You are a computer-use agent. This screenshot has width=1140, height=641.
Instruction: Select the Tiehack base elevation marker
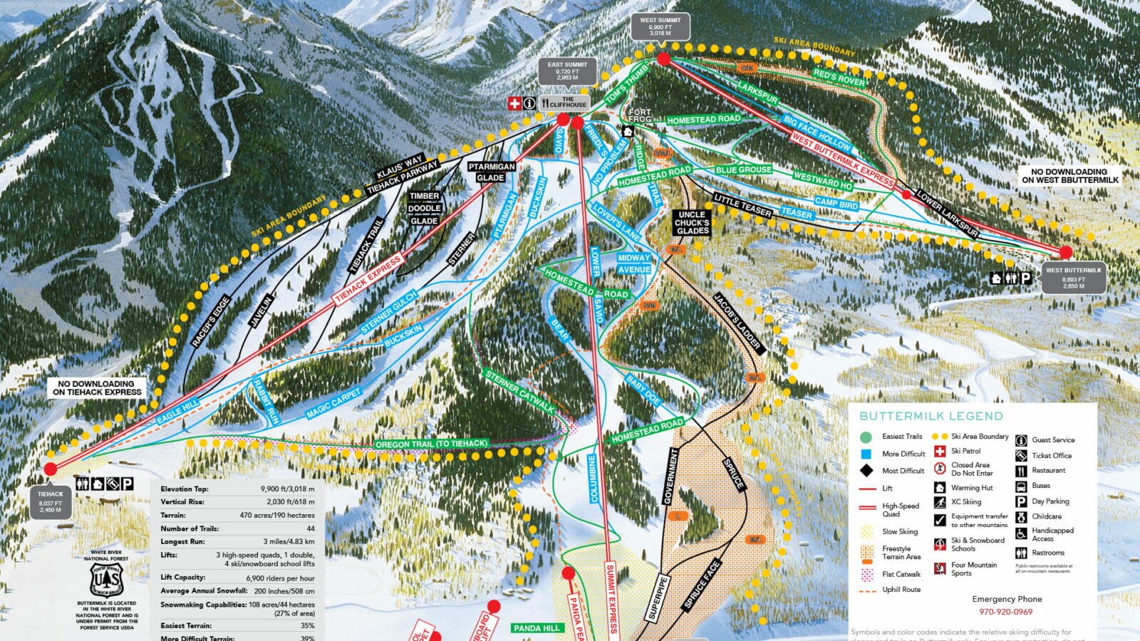[51, 501]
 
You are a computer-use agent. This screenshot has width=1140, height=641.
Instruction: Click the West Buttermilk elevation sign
[1073, 278]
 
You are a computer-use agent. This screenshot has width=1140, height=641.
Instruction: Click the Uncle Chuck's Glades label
[692, 222]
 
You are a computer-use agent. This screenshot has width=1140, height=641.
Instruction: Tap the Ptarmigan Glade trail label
[491, 172]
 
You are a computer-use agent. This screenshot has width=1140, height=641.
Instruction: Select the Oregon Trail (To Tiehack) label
[431, 444]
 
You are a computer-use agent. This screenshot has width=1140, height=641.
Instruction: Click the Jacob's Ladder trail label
[738, 323]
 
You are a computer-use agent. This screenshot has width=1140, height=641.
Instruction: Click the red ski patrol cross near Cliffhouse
[514, 103]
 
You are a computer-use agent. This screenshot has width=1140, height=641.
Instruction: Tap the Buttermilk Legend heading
[931, 416]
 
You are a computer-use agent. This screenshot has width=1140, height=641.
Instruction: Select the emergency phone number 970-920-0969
[1005, 612]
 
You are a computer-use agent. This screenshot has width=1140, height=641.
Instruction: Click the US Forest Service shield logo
[107, 580]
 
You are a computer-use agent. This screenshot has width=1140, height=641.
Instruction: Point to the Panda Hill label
[537, 628]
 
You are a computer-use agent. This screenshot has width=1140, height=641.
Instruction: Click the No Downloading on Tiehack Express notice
[97, 387]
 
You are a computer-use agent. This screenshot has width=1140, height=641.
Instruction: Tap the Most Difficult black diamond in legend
[866, 470]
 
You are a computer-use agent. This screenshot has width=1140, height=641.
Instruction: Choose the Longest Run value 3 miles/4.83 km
[289, 541]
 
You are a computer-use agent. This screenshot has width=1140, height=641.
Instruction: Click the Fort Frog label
[640, 115]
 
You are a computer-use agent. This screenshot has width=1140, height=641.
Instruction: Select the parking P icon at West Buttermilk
[1025, 278]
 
